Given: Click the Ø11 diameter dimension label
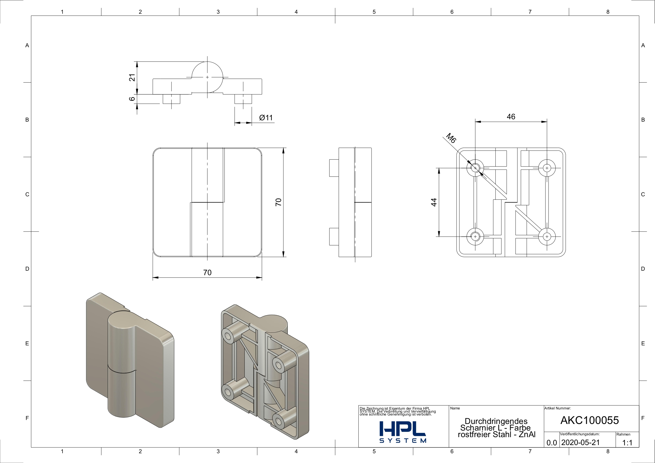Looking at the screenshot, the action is click(266, 118).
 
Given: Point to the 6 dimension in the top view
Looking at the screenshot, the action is click(132, 99).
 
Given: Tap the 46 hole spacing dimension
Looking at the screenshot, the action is click(511, 117).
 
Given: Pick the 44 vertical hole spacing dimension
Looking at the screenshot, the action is click(434, 202).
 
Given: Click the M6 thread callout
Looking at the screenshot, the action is click(451, 138).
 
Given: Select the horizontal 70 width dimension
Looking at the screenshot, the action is click(207, 273).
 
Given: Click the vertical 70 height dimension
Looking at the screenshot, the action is click(278, 202).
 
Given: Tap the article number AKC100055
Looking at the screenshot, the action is click(590, 420).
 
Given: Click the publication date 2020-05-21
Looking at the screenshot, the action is click(581, 442).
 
